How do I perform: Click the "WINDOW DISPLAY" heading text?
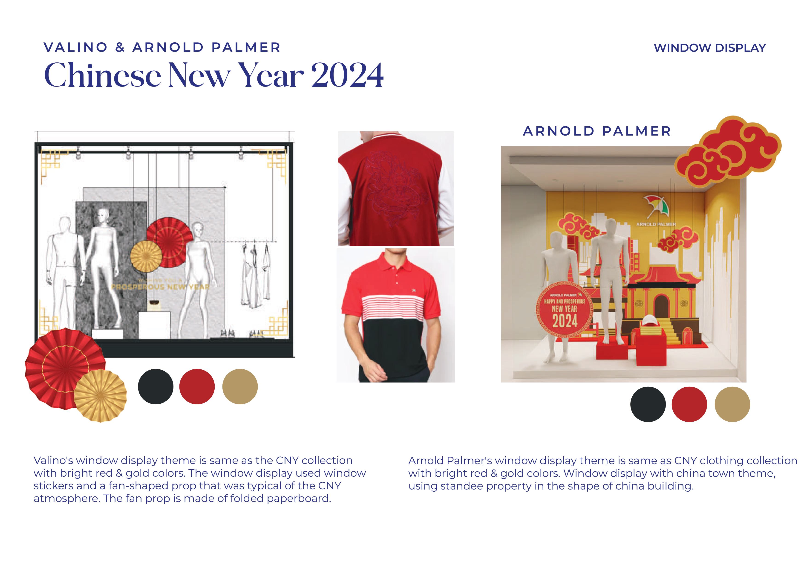709,48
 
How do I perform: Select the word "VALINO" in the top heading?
75,47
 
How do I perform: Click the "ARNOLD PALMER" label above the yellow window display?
597,131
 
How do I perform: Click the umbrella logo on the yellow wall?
655,207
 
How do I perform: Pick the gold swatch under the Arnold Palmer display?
732,404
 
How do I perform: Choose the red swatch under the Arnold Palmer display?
689,404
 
